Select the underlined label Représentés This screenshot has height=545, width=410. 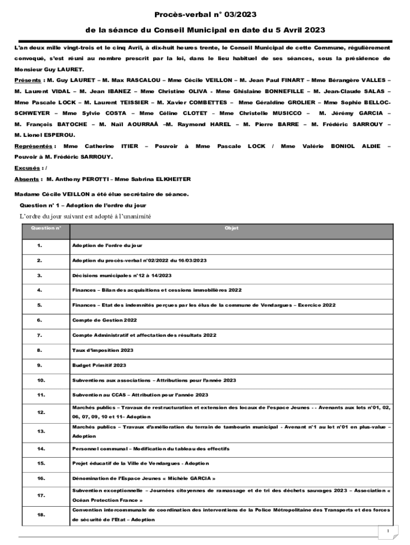pyautogui.click(x=33, y=146)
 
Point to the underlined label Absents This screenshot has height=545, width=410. pyautogui.click(x=27, y=179)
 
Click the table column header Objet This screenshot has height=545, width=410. pyautogui.click(x=232, y=228)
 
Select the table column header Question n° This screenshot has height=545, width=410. pyautogui.click(x=46, y=228)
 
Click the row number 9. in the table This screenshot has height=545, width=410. pyautogui.click(x=40, y=366)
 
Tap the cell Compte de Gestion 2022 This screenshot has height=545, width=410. pyautogui.click(x=104, y=320)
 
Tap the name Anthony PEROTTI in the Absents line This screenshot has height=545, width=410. pyautogui.click(x=76, y=179)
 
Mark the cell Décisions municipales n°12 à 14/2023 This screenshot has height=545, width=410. pyautogui.click(x=122, y=276)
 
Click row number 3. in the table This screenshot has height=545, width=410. pyautogui.click(x=40, y=276)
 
